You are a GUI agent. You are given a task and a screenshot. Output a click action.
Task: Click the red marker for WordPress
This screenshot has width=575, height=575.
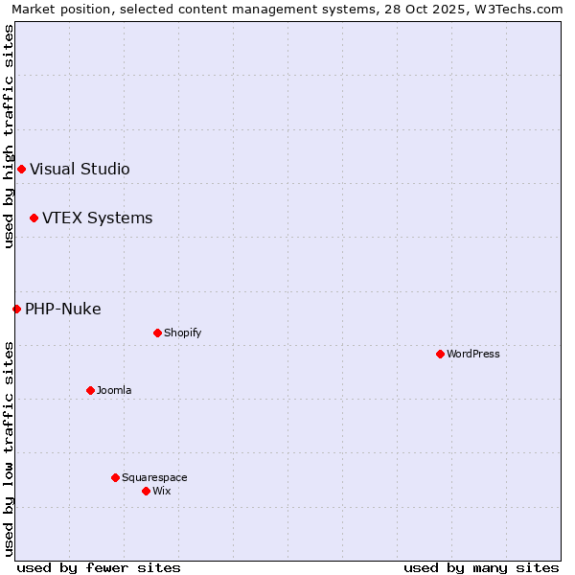tap(440, 354)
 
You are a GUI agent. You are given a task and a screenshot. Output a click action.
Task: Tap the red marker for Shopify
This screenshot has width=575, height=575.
tap(157, 333)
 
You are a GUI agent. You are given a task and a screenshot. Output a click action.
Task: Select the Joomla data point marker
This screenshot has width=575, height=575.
tap(90, 390)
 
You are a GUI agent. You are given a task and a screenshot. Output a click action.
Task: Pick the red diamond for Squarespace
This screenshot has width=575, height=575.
tap(115, 477)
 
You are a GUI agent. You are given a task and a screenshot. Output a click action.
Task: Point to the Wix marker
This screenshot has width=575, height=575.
tap(146, 491)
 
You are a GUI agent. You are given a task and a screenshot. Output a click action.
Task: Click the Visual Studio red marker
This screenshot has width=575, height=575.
tap(21, 170)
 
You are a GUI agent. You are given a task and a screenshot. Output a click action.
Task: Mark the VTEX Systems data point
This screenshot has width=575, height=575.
tap(34, 218)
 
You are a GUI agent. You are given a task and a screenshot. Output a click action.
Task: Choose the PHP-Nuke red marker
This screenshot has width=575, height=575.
tap(16, 309)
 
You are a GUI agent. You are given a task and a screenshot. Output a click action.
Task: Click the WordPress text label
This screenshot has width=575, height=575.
tap(473, 354)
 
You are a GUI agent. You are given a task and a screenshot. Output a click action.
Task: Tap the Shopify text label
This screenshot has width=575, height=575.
tap(183, 333)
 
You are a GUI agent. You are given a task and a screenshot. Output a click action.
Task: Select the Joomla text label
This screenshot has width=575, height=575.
tap(114, 390)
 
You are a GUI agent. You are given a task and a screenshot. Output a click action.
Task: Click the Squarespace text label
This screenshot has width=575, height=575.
tap(154, 477)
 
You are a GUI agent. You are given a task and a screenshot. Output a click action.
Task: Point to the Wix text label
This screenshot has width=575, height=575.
tap(162, 491)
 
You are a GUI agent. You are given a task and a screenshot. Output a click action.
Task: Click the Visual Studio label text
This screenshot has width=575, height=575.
tap(80, 170)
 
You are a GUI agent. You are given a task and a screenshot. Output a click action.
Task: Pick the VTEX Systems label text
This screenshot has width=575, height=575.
tap(97, 218)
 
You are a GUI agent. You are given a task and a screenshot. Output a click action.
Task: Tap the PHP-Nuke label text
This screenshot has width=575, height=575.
tap(63, 309)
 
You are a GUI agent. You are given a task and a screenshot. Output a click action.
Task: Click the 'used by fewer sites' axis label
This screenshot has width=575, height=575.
tap(99, 567)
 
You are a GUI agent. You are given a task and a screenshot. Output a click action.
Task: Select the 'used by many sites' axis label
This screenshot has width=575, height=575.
tap(481, 567)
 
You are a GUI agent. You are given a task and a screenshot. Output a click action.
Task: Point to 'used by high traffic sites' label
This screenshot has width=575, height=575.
tap(9, 137)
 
